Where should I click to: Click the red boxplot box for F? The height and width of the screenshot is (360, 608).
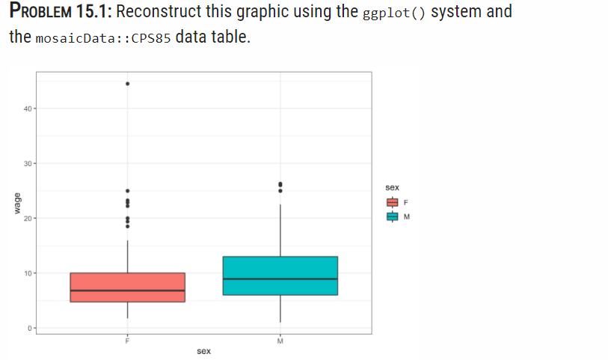click(127, 281)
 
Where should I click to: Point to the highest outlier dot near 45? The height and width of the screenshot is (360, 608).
click(127, 84)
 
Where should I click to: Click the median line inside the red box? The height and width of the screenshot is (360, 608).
click(127, 290)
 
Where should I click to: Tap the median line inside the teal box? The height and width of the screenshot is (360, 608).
click(280, 279)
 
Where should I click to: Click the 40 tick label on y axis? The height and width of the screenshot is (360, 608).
click(27, 109)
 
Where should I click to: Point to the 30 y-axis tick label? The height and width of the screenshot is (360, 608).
click(27, 163)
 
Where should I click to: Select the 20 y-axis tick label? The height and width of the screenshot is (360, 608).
click(27, 219)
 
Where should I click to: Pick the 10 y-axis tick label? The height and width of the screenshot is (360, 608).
click(27, 273)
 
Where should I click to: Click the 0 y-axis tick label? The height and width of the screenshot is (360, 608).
click(28, 328)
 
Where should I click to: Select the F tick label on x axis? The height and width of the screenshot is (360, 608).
click(127, 341)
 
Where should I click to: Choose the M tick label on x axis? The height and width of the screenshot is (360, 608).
click(280, 341)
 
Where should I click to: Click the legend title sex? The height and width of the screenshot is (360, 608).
click(393, 188)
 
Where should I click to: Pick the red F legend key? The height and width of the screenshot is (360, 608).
click(393, 202)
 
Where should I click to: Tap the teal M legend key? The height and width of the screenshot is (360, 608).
click(393, 217)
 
